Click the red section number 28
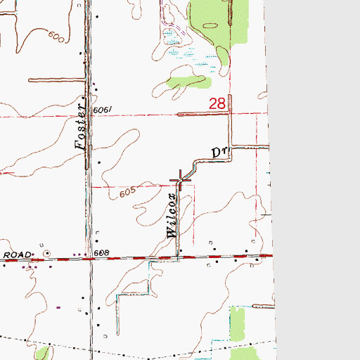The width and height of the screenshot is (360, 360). pos(217,104)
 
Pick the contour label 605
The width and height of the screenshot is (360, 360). pos(127,192)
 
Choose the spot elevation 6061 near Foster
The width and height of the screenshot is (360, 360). pos(101,109)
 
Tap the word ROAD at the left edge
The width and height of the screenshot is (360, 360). pos(15,254)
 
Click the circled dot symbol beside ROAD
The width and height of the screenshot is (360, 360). pos(47,253)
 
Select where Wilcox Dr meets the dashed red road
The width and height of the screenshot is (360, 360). pos(178,257)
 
